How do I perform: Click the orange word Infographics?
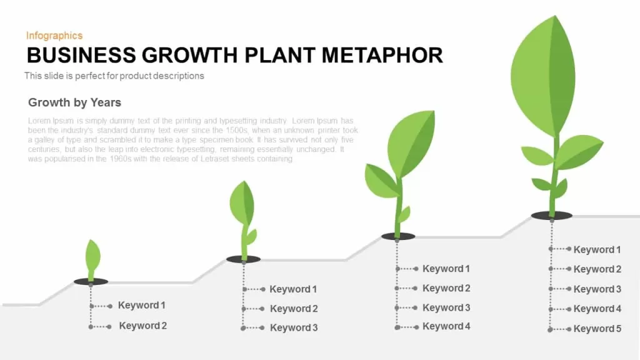click(54, 36)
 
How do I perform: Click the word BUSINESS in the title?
click(81, 55)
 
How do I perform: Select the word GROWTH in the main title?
click(190, 55)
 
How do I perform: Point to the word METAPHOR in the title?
click(382, 55)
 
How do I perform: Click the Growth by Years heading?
click(75, 102)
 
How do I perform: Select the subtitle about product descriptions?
click(114, 76)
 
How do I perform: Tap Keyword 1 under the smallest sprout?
click(142, 305)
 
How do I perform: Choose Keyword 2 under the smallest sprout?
click(143, 326)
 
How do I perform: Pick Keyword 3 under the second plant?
click(294, 327)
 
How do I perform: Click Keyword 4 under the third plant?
click(446, 326)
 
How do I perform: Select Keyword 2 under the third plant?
click(446, 288)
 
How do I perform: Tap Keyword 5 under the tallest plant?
click(597, 329)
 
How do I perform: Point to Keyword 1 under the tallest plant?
click(597, 250)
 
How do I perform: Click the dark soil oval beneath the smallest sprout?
click(91, 281)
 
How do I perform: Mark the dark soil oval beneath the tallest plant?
click(552, 216)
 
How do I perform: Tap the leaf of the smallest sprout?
click(92, 255)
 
